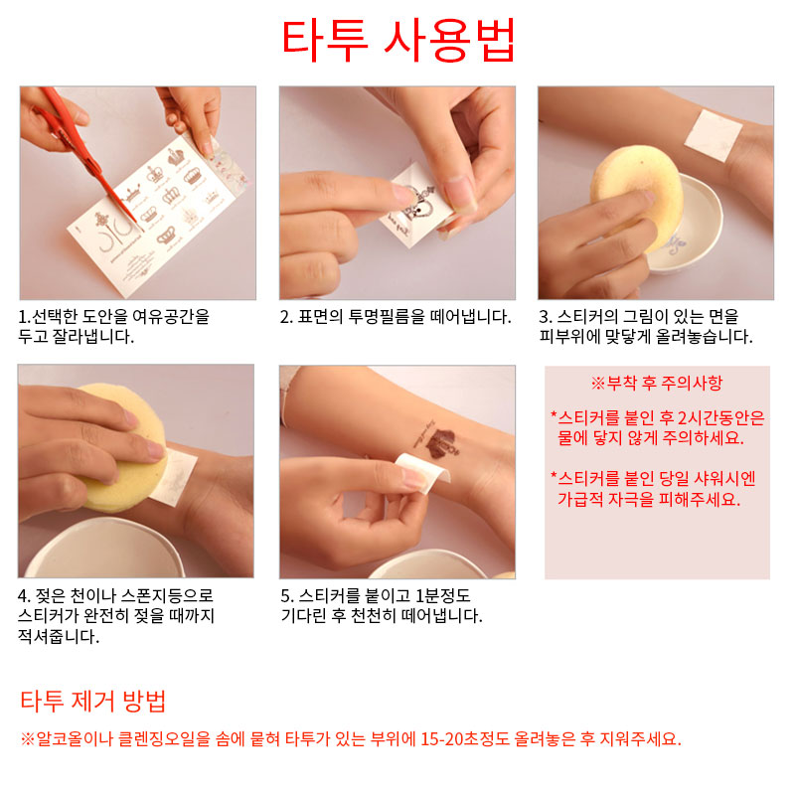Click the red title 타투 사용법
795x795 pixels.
point(398,40)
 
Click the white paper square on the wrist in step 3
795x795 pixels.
point(714,134)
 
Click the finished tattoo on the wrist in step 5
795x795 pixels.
point(437,440)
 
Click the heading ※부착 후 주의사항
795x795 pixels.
point(657,383)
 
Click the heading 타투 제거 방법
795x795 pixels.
point(93,702)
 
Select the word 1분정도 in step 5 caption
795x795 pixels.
point(443,595)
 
